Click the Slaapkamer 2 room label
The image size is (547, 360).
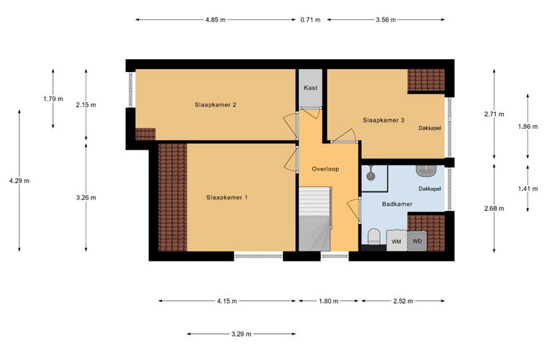(x=216, y=104)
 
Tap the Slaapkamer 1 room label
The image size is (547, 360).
(x=227, y=197)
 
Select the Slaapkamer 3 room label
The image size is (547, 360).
(x=384, y=120)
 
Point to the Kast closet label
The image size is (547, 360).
(x=310, y=88)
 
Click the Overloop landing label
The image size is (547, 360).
(x=325, y=169)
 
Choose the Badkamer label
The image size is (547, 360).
(x=397, y=204)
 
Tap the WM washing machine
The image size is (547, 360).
(x=397, y=240)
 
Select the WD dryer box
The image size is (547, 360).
(x=417, y=240)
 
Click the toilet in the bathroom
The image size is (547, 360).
(x=374, y=237)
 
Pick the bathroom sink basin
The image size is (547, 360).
(x=426, y=171)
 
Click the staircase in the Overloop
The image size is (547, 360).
(x=315, y=219)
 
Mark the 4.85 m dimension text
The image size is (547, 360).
(x=216, y=20)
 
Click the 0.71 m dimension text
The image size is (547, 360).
(x=310, y=20)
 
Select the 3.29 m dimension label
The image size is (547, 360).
(x=241, y=334)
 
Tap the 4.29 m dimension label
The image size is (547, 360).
(x=19, y=181)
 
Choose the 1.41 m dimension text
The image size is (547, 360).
(x=528, y=189)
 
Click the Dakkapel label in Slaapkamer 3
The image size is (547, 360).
(x=430, y=128)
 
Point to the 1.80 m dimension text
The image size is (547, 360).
(x=328, y=301)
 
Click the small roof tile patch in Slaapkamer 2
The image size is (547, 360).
(x=145, y=134)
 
